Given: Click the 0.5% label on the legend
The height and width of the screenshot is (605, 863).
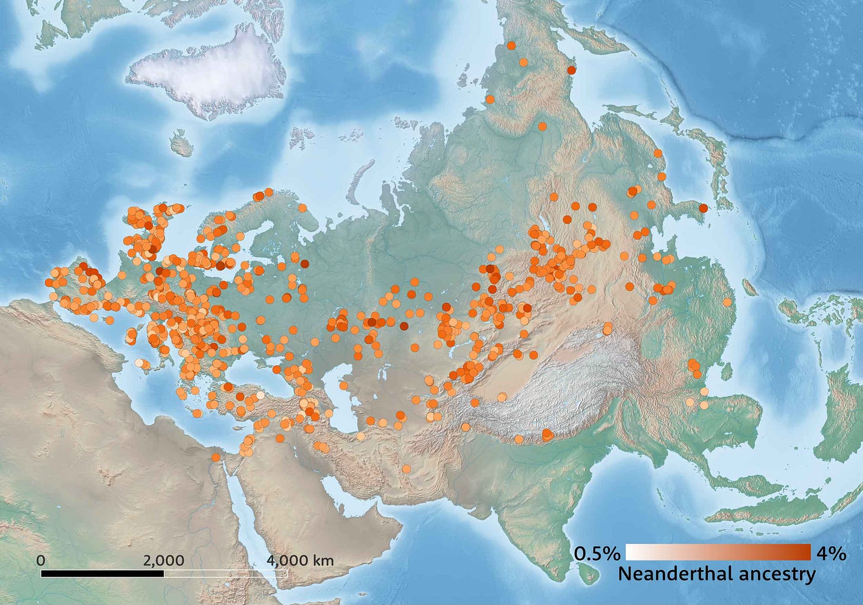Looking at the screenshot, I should [597, 553].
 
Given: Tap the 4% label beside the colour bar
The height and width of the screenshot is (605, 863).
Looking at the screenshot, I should [831, 553].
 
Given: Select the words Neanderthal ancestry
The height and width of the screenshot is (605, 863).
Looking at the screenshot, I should [717, 574].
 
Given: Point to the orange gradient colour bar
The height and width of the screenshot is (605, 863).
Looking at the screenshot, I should [718, 552].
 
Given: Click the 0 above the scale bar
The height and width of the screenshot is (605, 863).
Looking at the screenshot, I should [40, 560].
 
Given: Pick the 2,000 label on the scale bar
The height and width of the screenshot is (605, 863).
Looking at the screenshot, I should [163, 560].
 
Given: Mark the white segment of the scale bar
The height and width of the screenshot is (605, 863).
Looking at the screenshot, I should [226, 573].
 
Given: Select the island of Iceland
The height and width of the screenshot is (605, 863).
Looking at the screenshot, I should [181, 143].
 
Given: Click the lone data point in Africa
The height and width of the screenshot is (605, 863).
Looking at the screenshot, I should [215, 457].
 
